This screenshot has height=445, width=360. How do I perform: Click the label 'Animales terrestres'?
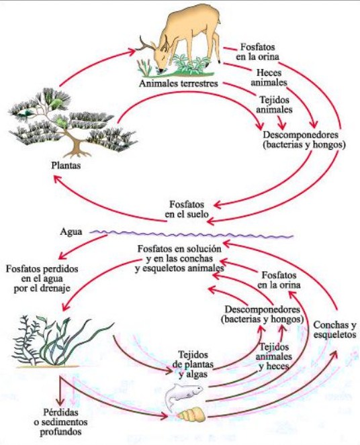178,83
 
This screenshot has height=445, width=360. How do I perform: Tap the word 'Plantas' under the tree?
66,165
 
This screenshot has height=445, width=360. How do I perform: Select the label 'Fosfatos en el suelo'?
187,209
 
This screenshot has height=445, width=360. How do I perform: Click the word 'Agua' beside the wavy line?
71,232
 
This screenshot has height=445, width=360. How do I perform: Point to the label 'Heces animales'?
269,77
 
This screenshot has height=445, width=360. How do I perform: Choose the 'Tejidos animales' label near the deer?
274,105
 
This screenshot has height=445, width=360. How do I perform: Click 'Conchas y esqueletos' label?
334,330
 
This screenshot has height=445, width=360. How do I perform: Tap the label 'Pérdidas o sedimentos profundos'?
60,422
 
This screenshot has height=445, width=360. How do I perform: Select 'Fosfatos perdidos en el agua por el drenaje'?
42,279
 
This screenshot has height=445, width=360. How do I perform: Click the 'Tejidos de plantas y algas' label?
193,364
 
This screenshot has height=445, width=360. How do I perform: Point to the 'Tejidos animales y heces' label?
273,356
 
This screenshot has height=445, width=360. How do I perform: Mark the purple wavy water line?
191,234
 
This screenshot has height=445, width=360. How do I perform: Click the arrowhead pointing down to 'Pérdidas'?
60,402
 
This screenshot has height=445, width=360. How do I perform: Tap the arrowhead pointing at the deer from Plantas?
131,52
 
